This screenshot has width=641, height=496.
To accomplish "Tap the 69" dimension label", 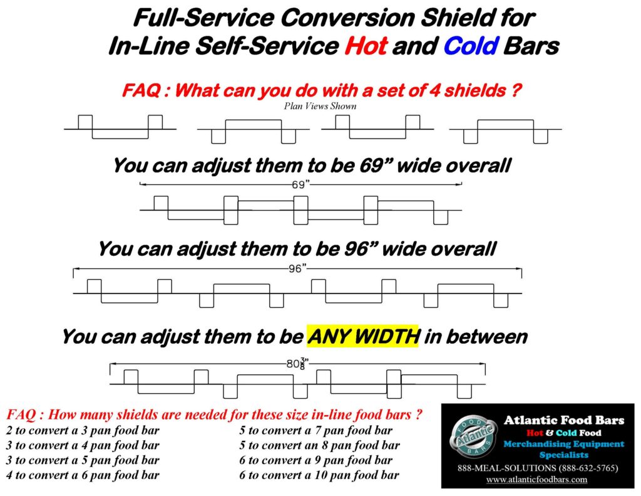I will pyautogui.click(x=301, y=184).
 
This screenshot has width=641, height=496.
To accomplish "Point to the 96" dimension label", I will pyautogui.click(x=297, y=268).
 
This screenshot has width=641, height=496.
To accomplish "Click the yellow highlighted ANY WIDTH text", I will pyautogui.click(x=363, y=337).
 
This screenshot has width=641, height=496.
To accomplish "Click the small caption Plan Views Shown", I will pyautogui.click(x=320, y=106).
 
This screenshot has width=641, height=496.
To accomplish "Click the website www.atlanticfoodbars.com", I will pyautogui.click(x=537, y=479).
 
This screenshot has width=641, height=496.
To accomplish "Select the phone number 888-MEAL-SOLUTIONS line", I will pyautogui.click(x=537, y=468).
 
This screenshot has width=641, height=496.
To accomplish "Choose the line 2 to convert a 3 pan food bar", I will pyautogui.click(x=83, y=431).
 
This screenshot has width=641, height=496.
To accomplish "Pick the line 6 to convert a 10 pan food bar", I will pyautogui.click(x=319, y=475).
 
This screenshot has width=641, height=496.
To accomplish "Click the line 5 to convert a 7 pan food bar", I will pyautogui.click(x=316, y=431).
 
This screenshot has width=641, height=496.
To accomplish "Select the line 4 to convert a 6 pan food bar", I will pyautogui.click(x=83, y=475).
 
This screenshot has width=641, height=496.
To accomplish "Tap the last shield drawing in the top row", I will pyautogui.click(x=505, y=130).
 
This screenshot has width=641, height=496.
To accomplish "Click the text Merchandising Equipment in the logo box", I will pyautogui.click(x=564, y=444).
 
